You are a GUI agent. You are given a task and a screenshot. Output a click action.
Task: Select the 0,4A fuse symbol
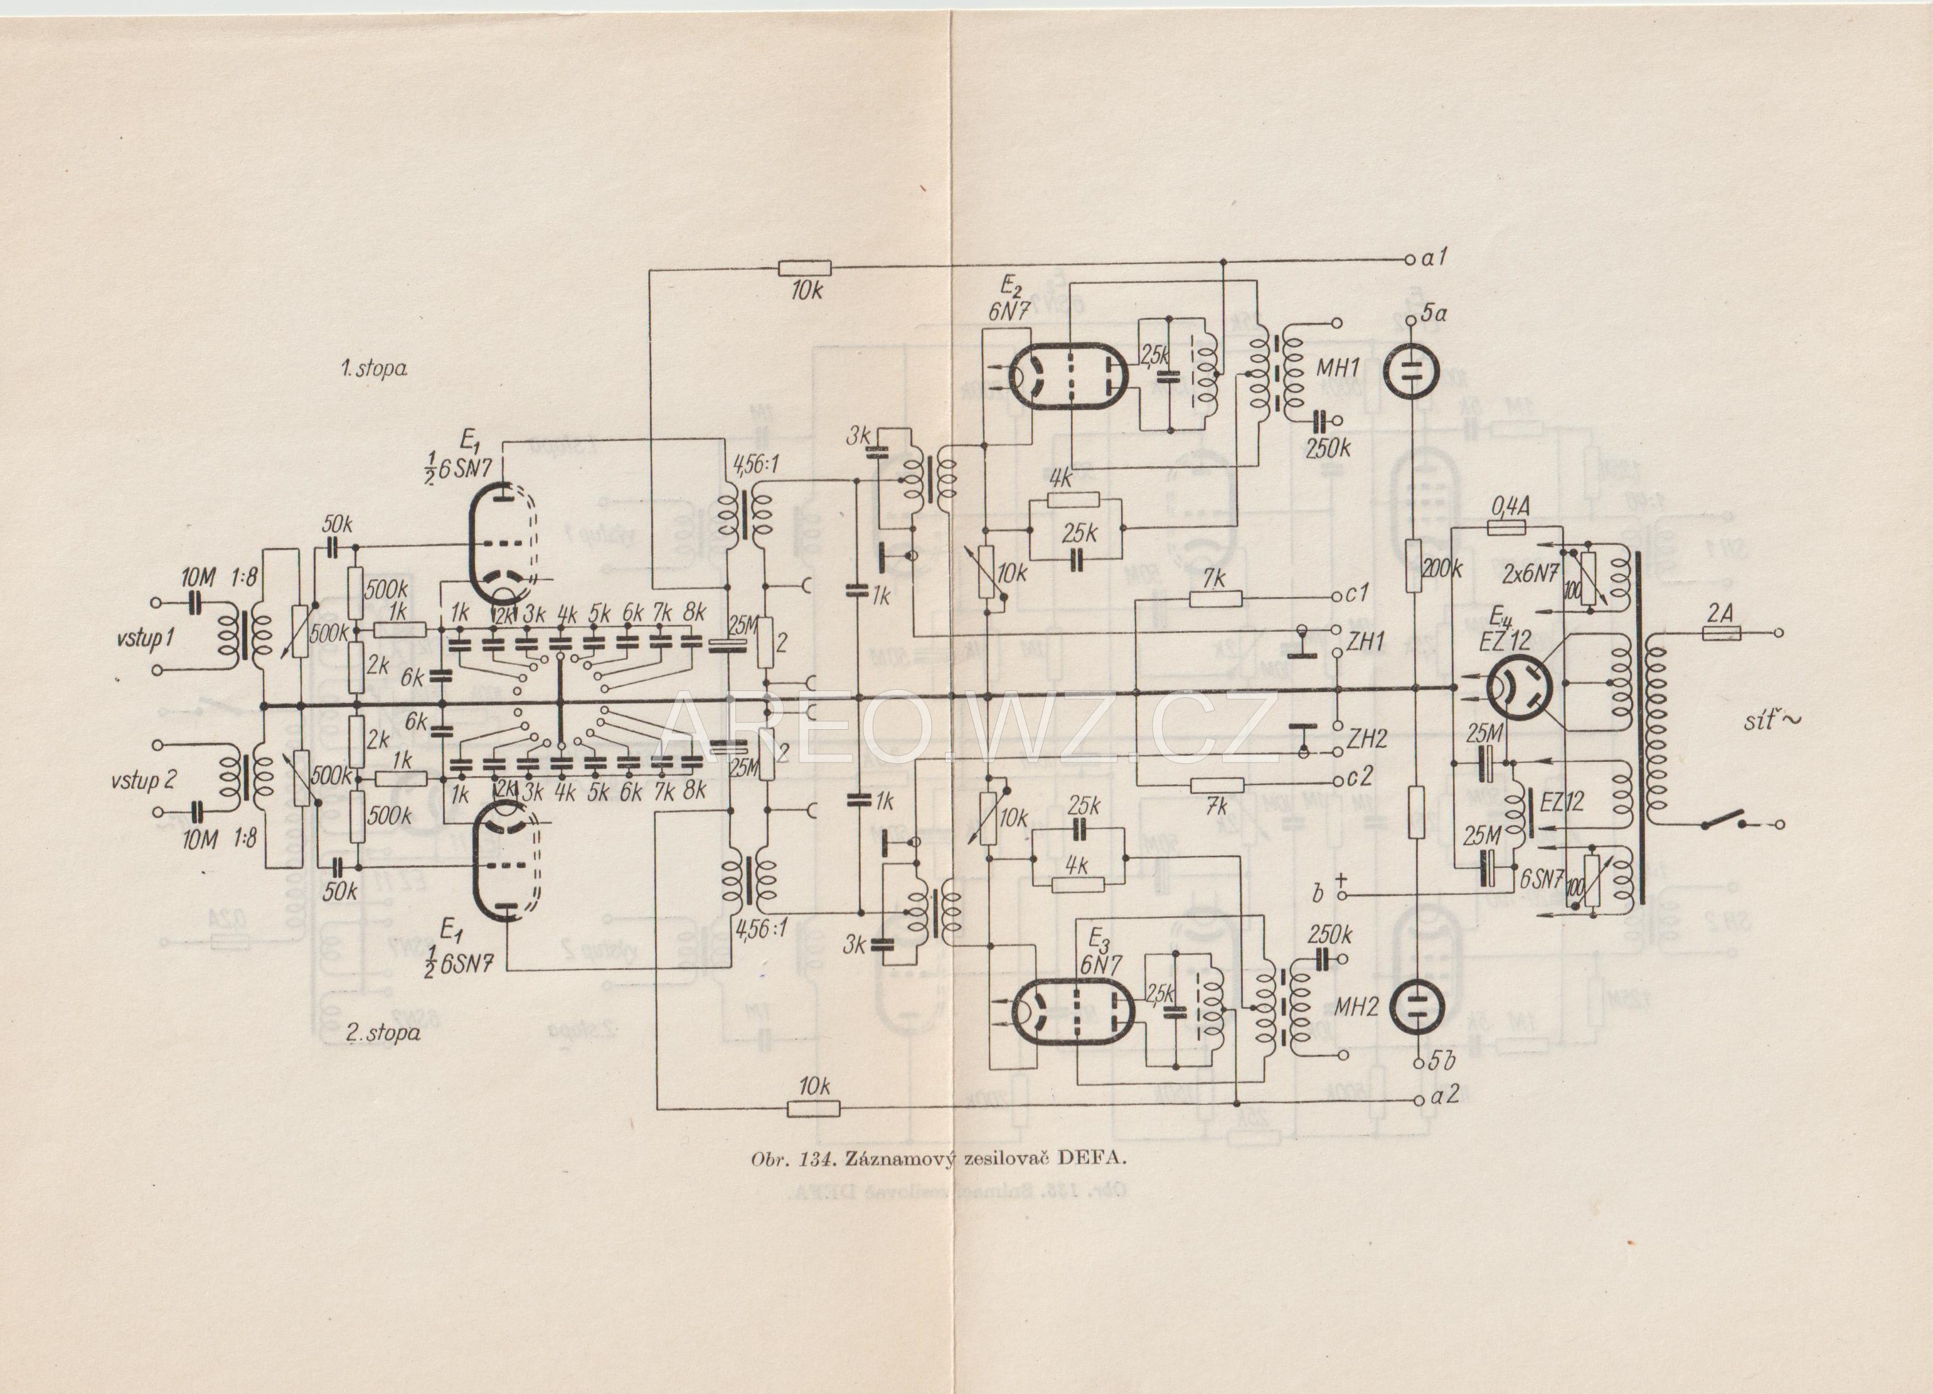pos(1510,528)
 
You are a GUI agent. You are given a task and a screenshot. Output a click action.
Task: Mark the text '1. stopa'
pos(373,369)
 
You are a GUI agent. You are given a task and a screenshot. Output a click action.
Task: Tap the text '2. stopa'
pos(383,1033)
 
